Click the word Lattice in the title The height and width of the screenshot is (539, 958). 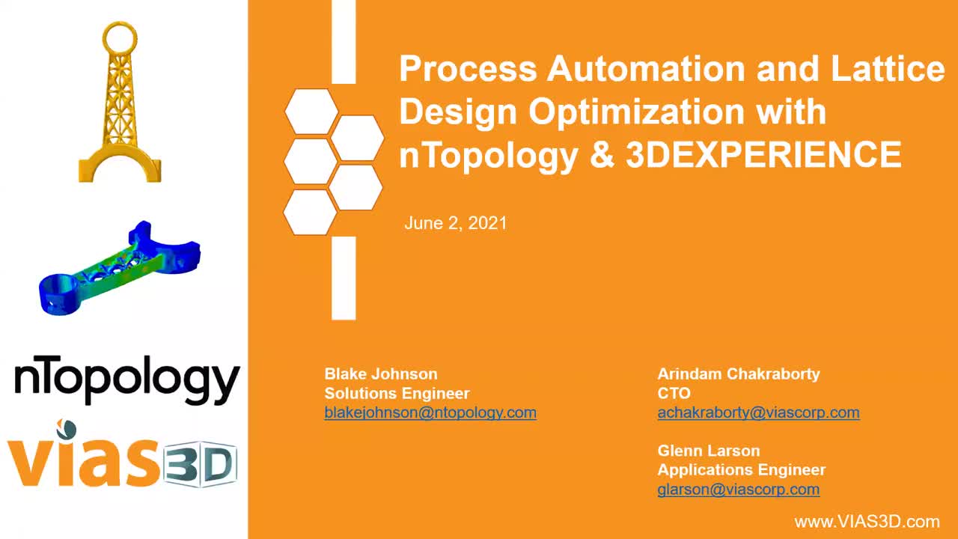click(888, 68)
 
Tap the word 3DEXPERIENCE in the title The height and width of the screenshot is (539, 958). click(764, 154)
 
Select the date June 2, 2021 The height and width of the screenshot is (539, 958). click(456, 223)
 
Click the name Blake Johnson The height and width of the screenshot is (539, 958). click(381, 374)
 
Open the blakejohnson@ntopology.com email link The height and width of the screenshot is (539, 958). click(430, 412)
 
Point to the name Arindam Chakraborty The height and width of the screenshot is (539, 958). click(739, 374)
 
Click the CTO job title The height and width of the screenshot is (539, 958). click(674, 393)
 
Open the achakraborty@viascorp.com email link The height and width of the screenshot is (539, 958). click(758, 412)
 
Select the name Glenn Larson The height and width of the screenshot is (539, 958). click(709, 451)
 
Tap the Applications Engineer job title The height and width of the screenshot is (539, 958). click(741, 469)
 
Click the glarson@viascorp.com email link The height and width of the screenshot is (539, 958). click(739, 490)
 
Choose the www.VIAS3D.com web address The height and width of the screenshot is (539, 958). click(867, 522)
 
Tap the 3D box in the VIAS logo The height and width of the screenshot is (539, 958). click(200, 464)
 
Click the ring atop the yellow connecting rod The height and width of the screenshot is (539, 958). click(120, 37)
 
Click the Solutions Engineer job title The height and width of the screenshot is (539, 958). click(397, 393)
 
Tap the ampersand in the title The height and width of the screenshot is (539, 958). click(602, 154)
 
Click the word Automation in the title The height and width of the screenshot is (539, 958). click(646, 68)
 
